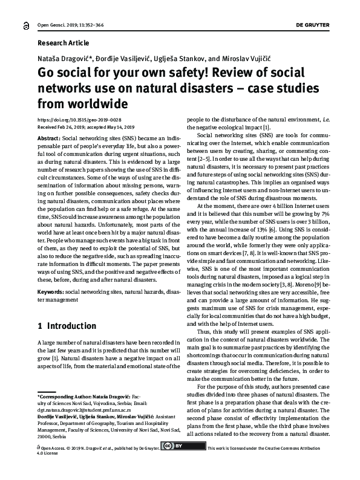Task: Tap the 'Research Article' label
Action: [63, 43]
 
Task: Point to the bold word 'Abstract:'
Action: [49, 138]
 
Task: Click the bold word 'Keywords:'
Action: [50, 291]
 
